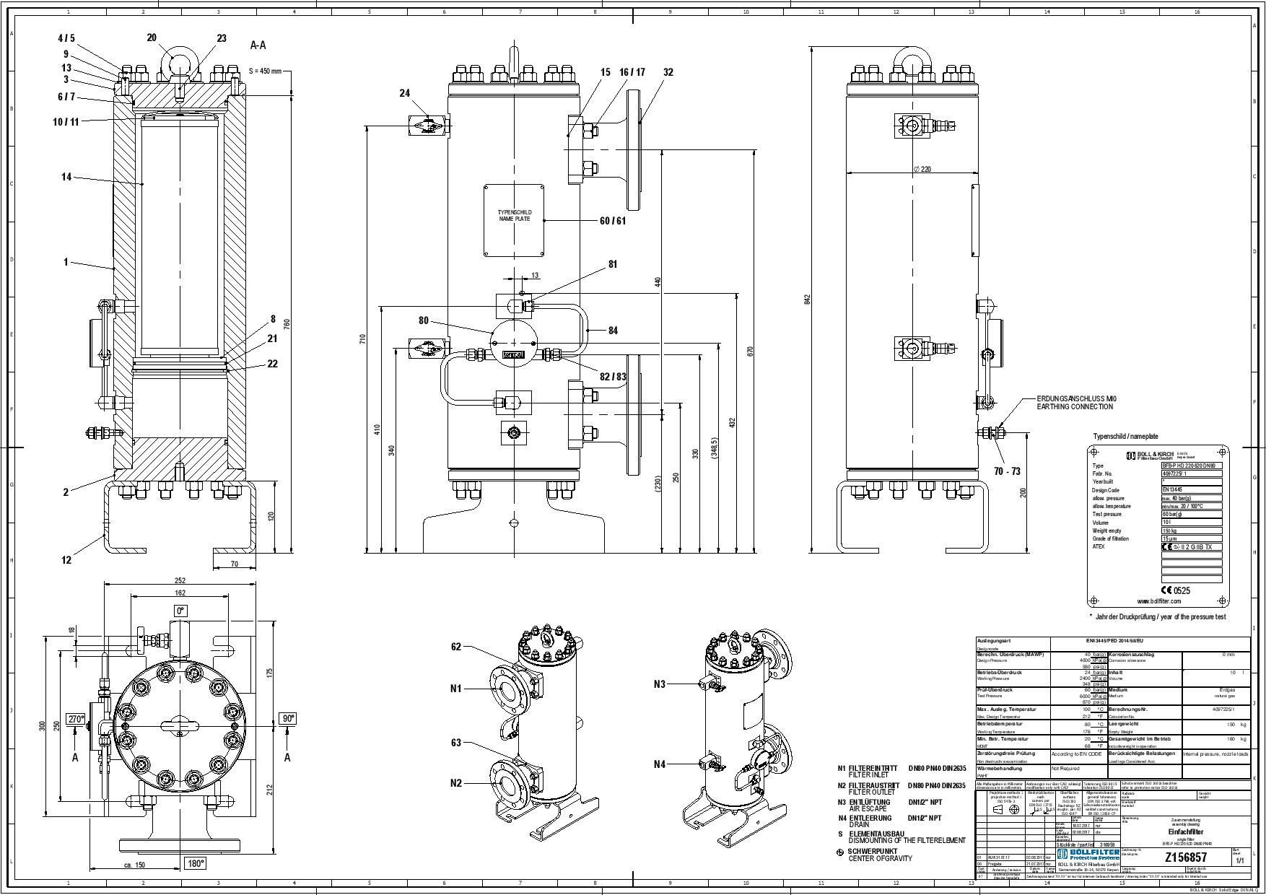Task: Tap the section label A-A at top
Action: click(258, 45)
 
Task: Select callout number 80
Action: click(423, 320)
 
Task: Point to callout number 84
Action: click(613, 331)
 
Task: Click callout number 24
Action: click(404, 93)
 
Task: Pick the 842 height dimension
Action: click(808, 297)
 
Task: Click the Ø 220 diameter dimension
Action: click(922, 168)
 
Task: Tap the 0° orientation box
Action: click(180, 611)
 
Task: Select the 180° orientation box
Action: click(196, 863)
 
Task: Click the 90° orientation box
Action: click(288, 719)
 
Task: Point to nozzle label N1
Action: click(455, 689)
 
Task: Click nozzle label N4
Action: click(659, 764)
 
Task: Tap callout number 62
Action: click(455, 647)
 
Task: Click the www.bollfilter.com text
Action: click(1158, 601)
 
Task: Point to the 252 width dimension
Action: click(180, 580)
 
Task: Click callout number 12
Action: click(66, 559)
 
